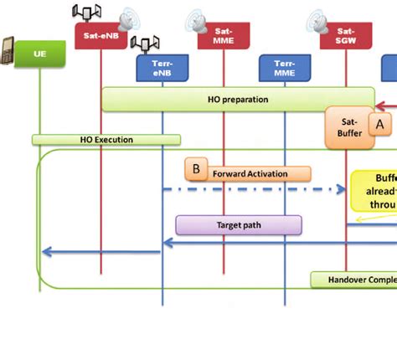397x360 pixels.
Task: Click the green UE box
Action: point(39,54)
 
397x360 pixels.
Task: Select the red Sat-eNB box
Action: point(101,35)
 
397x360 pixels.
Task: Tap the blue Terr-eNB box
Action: point(162,68)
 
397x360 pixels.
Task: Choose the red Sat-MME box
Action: point(224,35)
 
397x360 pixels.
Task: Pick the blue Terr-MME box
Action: point(285,68)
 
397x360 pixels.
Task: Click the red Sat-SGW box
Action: point(346,35)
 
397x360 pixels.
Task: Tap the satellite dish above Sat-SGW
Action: point(319,18)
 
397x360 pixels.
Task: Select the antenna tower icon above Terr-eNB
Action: point(144,44)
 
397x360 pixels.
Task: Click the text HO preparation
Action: point(238,99)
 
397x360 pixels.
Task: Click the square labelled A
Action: point(379,124)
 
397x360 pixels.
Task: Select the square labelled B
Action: point(196,169)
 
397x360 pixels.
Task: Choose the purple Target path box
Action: point(238,224)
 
